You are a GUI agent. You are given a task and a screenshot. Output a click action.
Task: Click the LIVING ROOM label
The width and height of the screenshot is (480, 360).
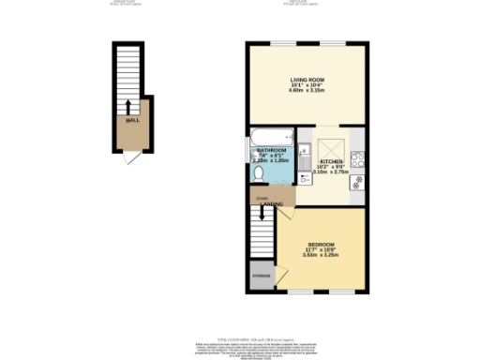[x=301, y=82]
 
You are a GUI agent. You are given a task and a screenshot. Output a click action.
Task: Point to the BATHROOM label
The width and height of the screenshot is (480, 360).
[x=272, y=149]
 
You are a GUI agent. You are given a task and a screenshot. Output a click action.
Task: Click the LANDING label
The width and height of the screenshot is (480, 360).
[x=273, y=203]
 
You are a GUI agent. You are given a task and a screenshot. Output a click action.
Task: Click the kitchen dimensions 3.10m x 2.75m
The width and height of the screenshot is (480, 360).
[x=331, y=172]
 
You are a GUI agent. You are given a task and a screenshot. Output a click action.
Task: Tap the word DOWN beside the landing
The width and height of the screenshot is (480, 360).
[x=262, y=198]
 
